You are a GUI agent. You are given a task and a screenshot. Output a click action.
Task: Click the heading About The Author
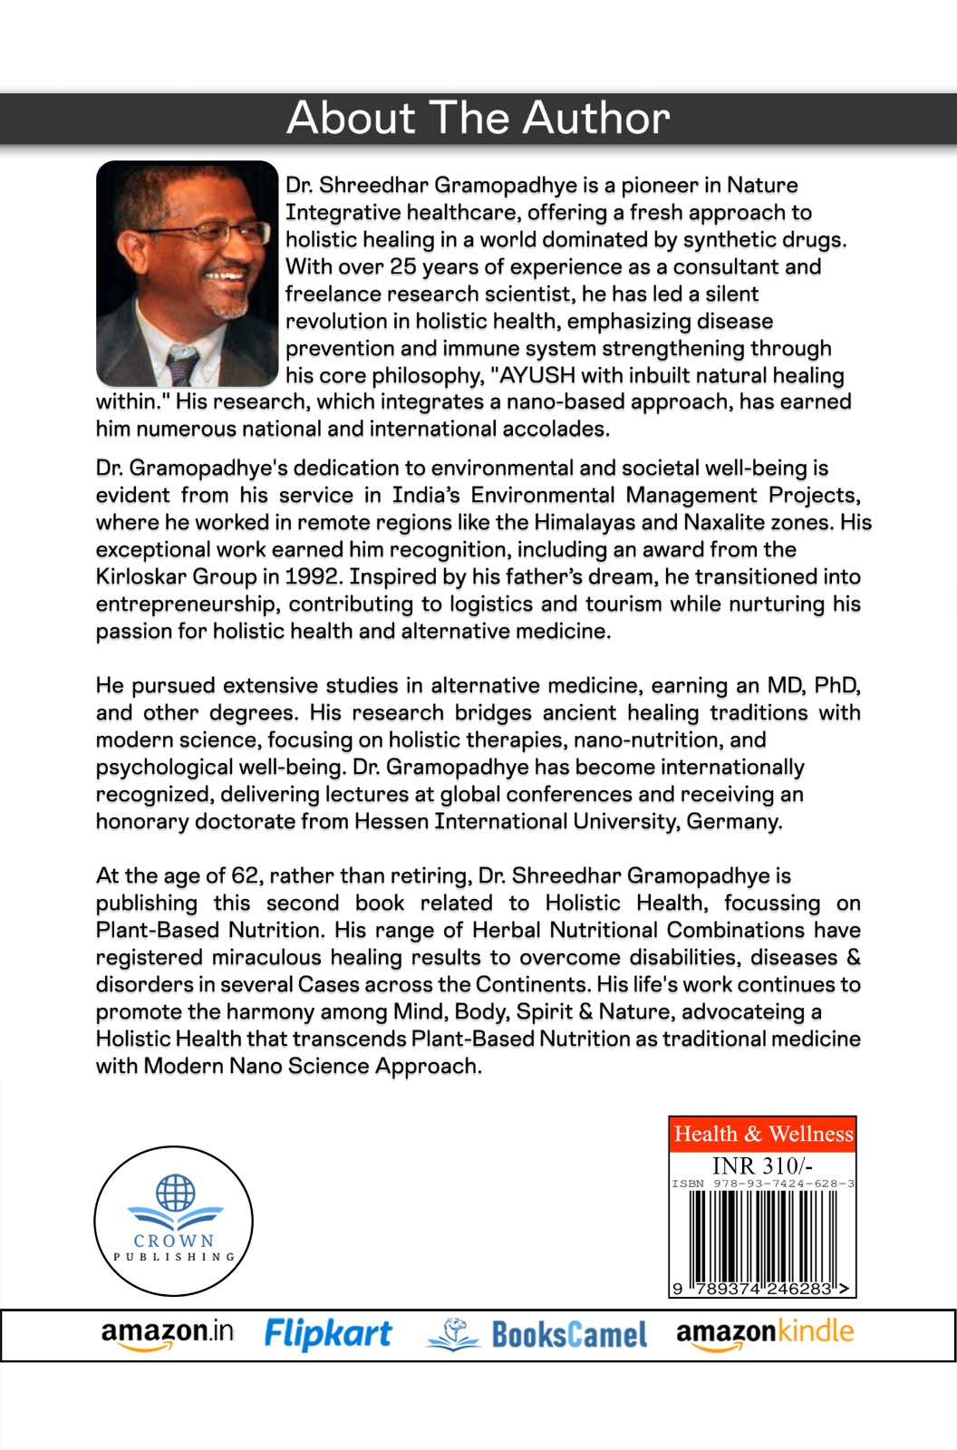pyautogui.click(x=478, y=119)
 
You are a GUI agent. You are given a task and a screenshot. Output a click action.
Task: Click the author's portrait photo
pyautogui.click(x=187, y=274)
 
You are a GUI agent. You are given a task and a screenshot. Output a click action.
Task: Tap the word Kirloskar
pyautogui.click(x=140, y=577)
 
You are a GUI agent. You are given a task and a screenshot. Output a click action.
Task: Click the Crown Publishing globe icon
pyautogui.click(x=175, y=1194)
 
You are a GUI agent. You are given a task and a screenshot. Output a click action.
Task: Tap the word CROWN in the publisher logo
pyautogui.click(x=174, y=1240)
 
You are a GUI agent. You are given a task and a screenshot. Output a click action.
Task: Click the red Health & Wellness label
pyautogui.click(x=763, y=1134)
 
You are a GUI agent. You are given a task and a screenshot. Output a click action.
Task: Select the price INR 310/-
pyautogui.click(x=762, y=1165)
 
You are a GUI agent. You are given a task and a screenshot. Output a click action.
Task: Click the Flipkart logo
pyautogui.click(x=328, y=1333)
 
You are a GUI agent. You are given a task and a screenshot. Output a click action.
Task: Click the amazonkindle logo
pyautogui.click(x=765, y=1332)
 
